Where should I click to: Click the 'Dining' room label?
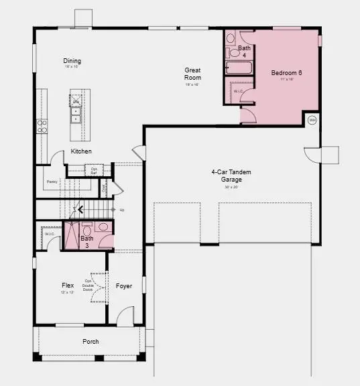click(72, 60)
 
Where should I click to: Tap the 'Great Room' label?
click(193, 73)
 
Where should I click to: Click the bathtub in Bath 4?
click(238, 68)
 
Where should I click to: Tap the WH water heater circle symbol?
click(312, 121)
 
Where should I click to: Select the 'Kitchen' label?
click(81, 151)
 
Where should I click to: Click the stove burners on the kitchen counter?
click(42, 125)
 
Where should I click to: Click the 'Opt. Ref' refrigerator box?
click(94, 171)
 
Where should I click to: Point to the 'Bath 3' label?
click(87, 241)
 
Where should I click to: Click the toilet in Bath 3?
click(105, 227)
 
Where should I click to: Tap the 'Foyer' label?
click(124, 286)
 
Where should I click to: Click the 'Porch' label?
click(91, 342)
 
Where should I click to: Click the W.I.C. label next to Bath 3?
click(49, 234)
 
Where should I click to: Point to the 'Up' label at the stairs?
click(121, 210)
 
